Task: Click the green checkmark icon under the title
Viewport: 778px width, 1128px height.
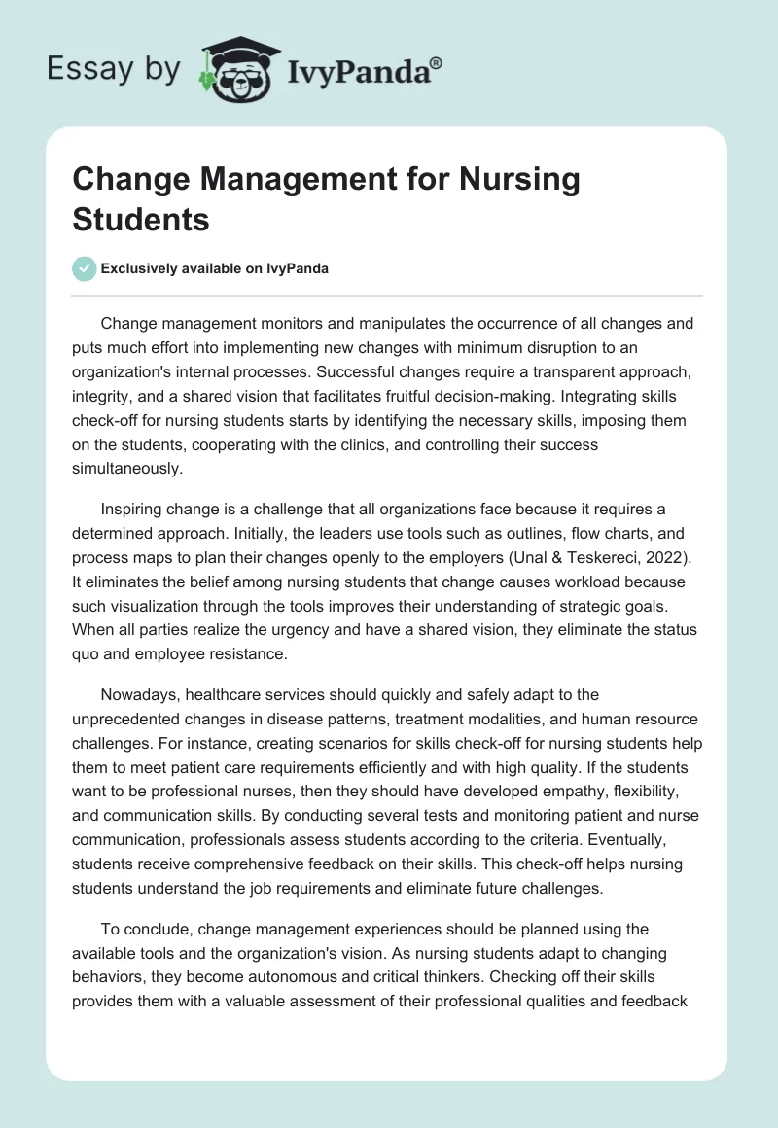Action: point(85,268)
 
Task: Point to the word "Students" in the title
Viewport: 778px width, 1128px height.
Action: point(141,219)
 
